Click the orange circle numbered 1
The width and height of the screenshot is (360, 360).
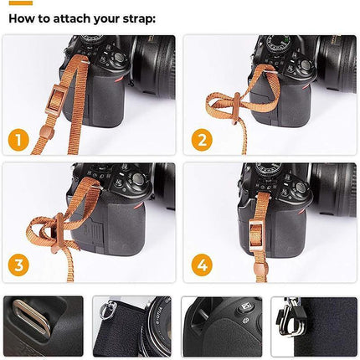pos(18,141)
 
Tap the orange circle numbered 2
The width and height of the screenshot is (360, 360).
pos(202,140)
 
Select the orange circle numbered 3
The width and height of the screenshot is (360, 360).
pos(18,265)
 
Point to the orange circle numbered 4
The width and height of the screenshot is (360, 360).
pos(202,265)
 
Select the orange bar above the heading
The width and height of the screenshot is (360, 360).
pos(21,3)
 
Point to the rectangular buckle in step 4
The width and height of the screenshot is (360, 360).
pos(256,234)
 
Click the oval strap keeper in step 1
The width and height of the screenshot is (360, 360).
pos(47,131)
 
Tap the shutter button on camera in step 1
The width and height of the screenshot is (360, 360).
pos(120,57)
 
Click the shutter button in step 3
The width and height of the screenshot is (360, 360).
pos(138,178)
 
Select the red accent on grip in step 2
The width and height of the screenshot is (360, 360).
pos(306,87)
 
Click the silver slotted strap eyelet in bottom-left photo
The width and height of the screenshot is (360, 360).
pos(31,317)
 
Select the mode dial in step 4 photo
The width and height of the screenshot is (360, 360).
pos(270,170)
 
